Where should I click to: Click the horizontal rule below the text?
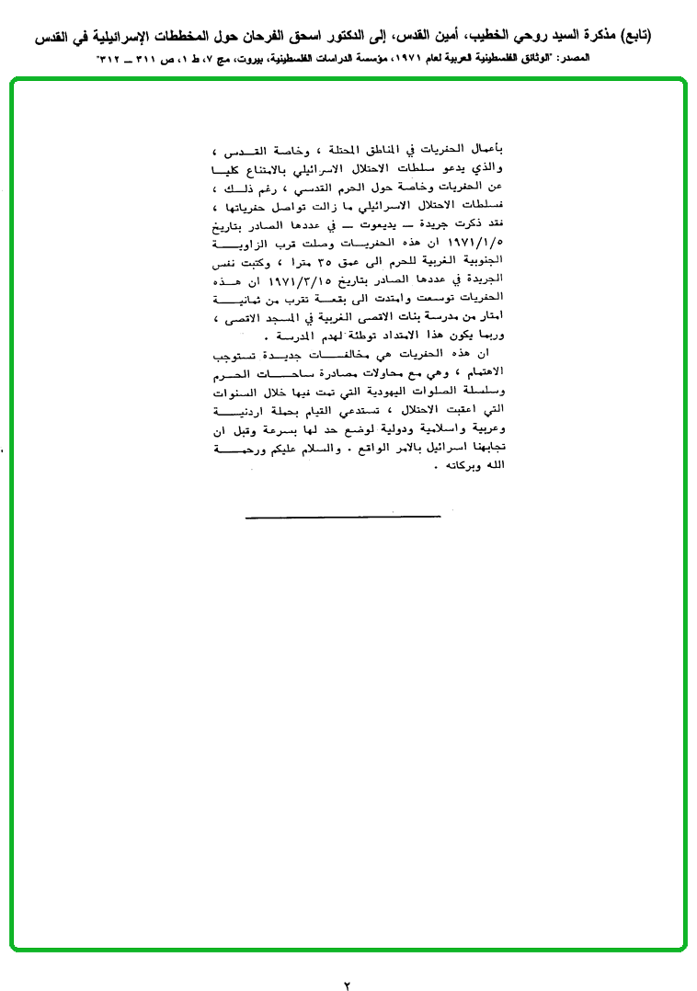tap(343, 518)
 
